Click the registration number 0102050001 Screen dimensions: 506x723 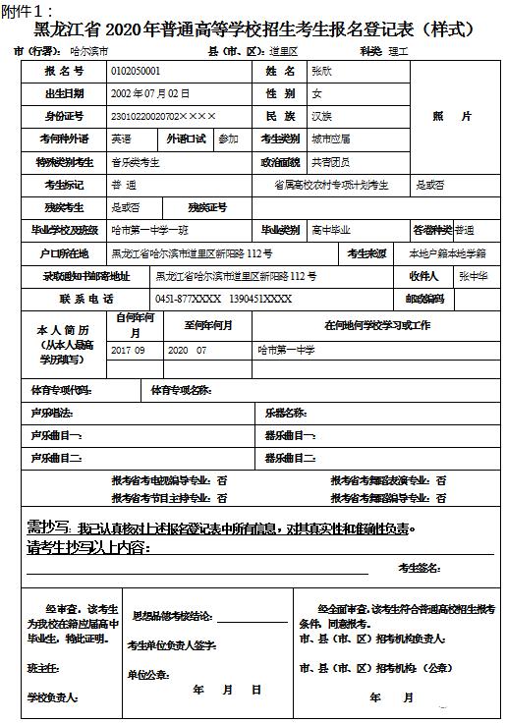pos(137,72)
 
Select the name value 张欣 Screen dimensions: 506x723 pos(321,72)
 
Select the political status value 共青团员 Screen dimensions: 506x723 pos(330,162)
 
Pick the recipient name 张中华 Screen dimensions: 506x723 pos(473,276)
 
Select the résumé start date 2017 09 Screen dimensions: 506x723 pos(129,350)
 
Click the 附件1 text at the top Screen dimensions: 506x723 pos(26,11)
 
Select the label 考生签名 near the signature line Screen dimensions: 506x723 pos(419,567)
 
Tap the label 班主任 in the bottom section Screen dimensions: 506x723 pos(43,668)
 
